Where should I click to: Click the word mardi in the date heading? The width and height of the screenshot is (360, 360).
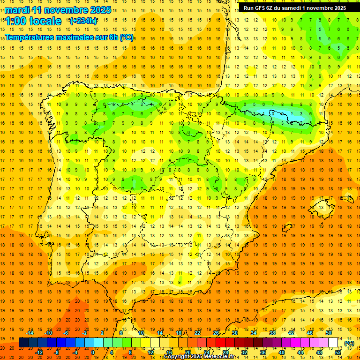(18, 10)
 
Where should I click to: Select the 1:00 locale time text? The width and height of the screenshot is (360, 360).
(33, 21)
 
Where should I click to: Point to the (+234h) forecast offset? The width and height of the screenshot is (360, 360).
(83, 21)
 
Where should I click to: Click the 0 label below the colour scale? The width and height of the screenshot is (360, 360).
(93, 352)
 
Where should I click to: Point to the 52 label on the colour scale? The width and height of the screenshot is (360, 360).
(338, 352)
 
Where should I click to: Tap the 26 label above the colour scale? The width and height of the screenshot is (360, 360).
(216, 333)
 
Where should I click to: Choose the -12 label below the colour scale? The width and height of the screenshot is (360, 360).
(39, 352)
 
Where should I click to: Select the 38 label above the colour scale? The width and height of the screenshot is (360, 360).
(272, 333)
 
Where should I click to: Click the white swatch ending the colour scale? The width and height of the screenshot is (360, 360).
(333, 343)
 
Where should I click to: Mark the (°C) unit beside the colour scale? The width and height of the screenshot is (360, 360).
(349, 343)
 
